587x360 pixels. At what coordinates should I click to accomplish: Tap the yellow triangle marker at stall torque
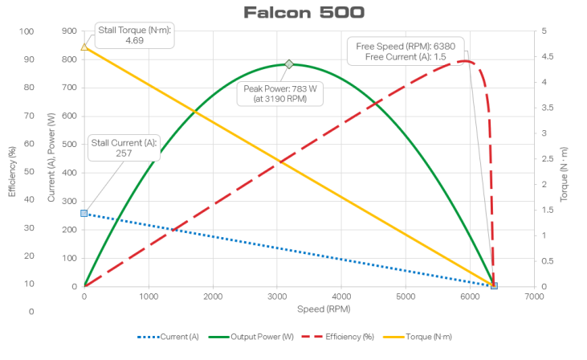[x=84, y=47]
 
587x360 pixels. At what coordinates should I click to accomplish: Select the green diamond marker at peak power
[x=289, y=64]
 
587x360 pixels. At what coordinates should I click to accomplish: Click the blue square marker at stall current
[x=84, y=213]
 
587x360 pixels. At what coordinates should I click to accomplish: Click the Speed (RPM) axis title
[x=308, y=309]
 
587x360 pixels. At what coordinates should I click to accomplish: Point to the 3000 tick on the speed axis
[x=277, y=297]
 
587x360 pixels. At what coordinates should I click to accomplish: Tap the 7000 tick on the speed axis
[x=534, y=297]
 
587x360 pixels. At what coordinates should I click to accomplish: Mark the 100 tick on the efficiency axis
[x=26, y=31]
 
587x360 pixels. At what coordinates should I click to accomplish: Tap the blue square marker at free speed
[x=494, y=286]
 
